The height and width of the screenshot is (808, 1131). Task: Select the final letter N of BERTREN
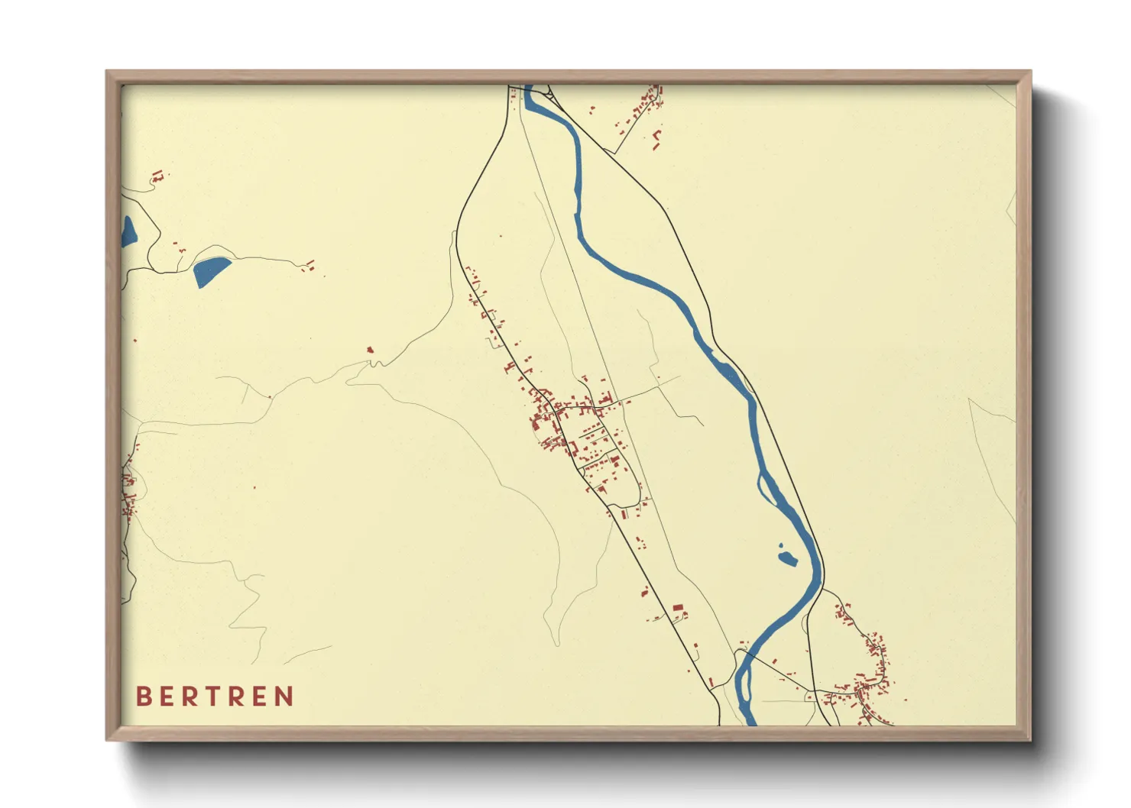tap(285, 696)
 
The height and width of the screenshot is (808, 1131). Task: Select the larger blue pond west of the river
tap(209, 270)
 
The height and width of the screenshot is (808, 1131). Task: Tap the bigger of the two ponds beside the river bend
tap(787, 559)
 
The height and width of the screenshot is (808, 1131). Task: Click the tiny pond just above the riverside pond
tap(780, 545)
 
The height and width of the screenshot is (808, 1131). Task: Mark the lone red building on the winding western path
tap(371, 350)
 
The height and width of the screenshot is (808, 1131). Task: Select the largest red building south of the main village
tap(677, 608)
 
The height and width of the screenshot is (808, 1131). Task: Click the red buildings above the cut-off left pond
tap(157, 177)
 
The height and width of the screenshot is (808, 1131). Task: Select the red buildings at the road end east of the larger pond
tap(309, 267)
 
